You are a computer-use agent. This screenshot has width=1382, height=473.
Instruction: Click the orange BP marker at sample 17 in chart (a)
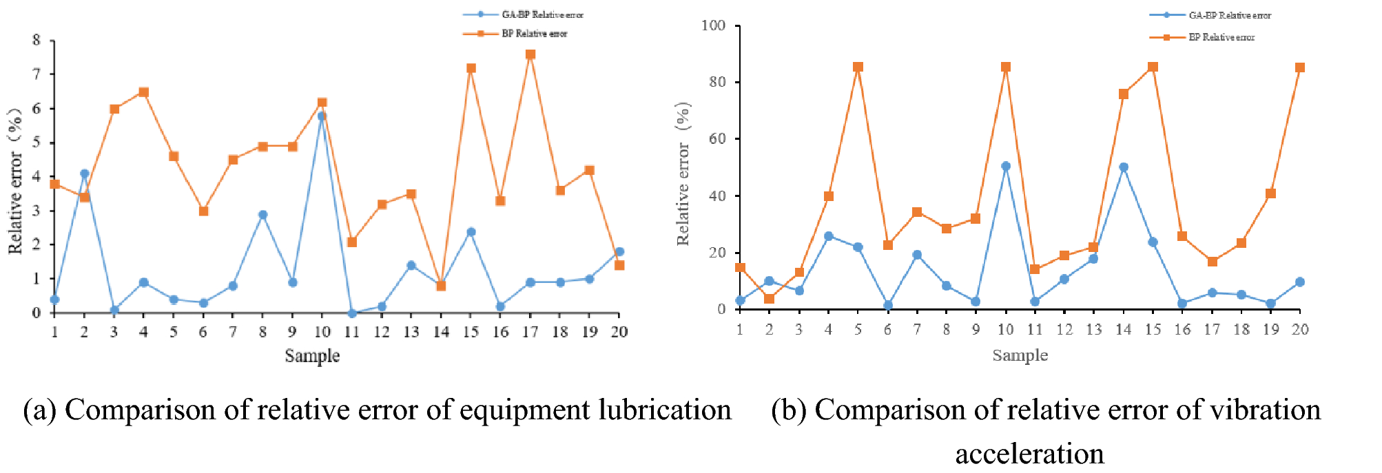coord(530,54)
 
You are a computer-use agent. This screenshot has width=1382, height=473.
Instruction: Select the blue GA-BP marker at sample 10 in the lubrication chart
coord(322,116)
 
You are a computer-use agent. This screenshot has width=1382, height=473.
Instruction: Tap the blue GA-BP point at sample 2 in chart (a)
coord(84,174)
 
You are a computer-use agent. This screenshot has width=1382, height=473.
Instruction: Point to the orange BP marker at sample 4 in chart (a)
coord(143,92)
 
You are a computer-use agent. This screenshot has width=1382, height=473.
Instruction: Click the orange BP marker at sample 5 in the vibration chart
coord(858,67)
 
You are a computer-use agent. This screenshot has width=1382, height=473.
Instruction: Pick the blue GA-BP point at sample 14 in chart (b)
coord(1124,167)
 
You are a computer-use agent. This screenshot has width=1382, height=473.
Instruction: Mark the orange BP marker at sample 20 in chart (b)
coord(1300,67)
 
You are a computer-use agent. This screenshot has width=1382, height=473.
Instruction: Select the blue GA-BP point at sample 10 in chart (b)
coord(1005,166)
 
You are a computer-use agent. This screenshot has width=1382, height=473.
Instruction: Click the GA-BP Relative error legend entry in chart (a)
coord(542,14)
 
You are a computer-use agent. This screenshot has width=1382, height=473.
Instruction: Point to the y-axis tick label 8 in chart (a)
coord(37,40)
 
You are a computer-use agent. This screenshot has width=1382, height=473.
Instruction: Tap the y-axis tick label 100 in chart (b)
coord(713,25)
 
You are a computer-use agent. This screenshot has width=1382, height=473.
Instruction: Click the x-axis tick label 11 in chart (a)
coord(352,332)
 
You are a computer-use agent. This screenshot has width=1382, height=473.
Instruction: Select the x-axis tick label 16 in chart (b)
coord(1182,330)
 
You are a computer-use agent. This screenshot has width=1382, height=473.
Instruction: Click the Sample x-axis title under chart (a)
coord(312,356)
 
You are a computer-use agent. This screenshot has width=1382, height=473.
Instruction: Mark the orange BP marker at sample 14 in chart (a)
coord(441,286)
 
